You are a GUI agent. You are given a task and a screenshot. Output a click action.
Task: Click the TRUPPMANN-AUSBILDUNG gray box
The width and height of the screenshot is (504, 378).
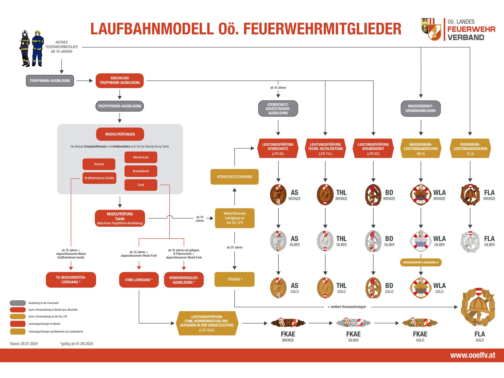50,81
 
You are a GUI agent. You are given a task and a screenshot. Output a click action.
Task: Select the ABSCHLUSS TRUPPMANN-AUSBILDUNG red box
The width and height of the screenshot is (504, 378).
120,81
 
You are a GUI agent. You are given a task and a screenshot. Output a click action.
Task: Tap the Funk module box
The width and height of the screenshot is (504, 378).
141,185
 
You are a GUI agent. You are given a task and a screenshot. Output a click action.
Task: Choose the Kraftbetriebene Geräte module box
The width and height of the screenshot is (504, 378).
99,178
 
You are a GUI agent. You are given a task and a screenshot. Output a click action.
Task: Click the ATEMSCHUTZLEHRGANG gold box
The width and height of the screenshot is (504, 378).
234,177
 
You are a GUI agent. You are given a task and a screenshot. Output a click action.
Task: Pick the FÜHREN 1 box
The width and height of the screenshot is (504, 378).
235,279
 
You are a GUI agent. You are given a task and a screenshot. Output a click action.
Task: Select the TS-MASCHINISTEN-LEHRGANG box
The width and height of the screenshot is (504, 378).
71,280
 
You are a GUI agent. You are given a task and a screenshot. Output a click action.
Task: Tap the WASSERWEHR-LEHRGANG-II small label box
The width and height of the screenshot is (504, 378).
421,262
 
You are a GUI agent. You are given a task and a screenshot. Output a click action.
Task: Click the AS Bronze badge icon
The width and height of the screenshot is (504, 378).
278,195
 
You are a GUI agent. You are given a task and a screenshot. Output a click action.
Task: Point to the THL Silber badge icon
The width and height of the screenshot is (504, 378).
325,241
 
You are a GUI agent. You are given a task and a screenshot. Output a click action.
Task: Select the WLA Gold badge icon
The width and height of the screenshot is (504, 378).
421,288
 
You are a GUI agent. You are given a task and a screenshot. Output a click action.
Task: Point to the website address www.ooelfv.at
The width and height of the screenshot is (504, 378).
472,355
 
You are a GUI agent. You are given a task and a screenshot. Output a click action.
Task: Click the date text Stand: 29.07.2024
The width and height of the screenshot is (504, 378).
24,344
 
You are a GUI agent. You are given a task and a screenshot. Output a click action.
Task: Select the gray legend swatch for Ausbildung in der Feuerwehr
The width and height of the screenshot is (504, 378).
18,303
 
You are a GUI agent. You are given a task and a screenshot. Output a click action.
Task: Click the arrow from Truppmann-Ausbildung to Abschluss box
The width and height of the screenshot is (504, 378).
85,81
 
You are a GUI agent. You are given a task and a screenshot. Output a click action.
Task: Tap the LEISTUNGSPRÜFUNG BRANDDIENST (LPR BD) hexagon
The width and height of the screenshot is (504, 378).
373,149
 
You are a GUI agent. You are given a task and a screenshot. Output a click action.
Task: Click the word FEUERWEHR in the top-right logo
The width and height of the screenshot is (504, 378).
471,29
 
